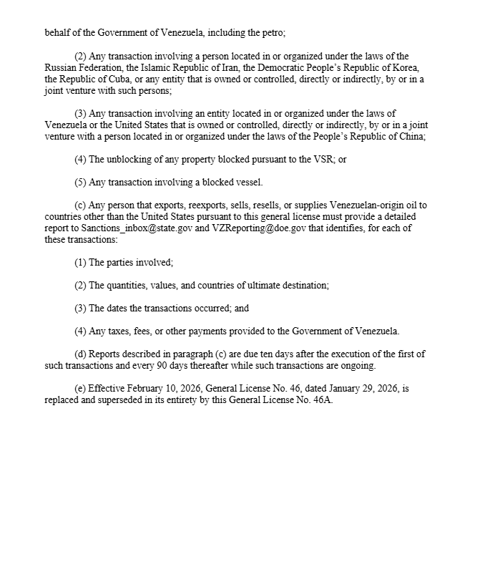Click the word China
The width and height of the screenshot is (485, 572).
411,136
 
